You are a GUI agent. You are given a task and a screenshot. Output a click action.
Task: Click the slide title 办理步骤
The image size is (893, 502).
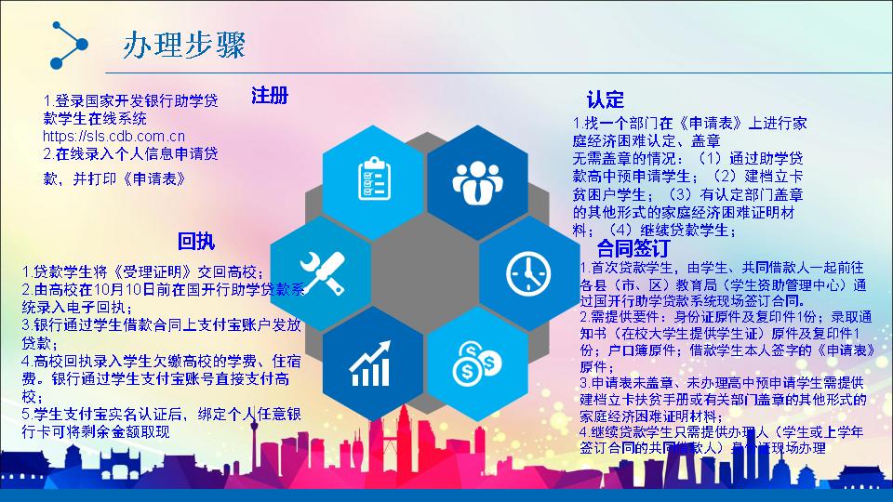tap(183, 46)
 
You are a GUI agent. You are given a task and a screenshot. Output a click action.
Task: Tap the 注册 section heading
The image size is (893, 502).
tap(270, 96)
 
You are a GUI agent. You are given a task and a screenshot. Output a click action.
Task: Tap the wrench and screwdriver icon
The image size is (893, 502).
tap(319, 271)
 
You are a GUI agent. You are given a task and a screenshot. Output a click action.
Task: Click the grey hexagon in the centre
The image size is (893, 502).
tap(424, 271)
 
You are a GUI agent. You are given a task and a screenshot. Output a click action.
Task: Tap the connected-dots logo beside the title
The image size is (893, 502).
tap(66, 44)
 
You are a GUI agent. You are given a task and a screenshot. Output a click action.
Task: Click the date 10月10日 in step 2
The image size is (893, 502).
tap(129, 290)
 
